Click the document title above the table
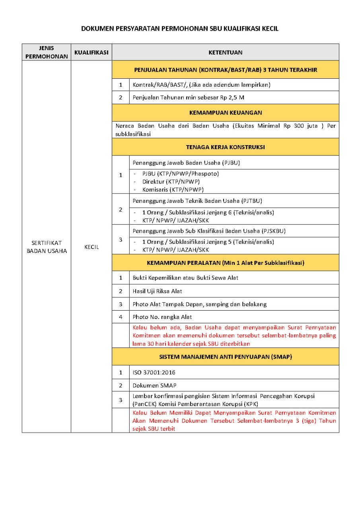(180, 29)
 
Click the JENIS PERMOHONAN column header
(47, 52)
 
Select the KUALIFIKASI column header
(91, 52)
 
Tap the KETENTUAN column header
(225, 52)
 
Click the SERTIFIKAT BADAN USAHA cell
(47, 247)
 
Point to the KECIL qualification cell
(91, 247)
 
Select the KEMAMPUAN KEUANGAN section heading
(225, 113)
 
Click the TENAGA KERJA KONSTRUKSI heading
(225, 147)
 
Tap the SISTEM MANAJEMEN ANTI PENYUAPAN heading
(225, 357)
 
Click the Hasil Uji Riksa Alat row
(157, 291)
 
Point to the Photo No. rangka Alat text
(162, 317)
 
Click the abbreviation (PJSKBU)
(274, 231)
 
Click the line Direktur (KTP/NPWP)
(168, 182)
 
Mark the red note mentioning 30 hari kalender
(234, 336)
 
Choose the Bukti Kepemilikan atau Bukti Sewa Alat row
(185, 278)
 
